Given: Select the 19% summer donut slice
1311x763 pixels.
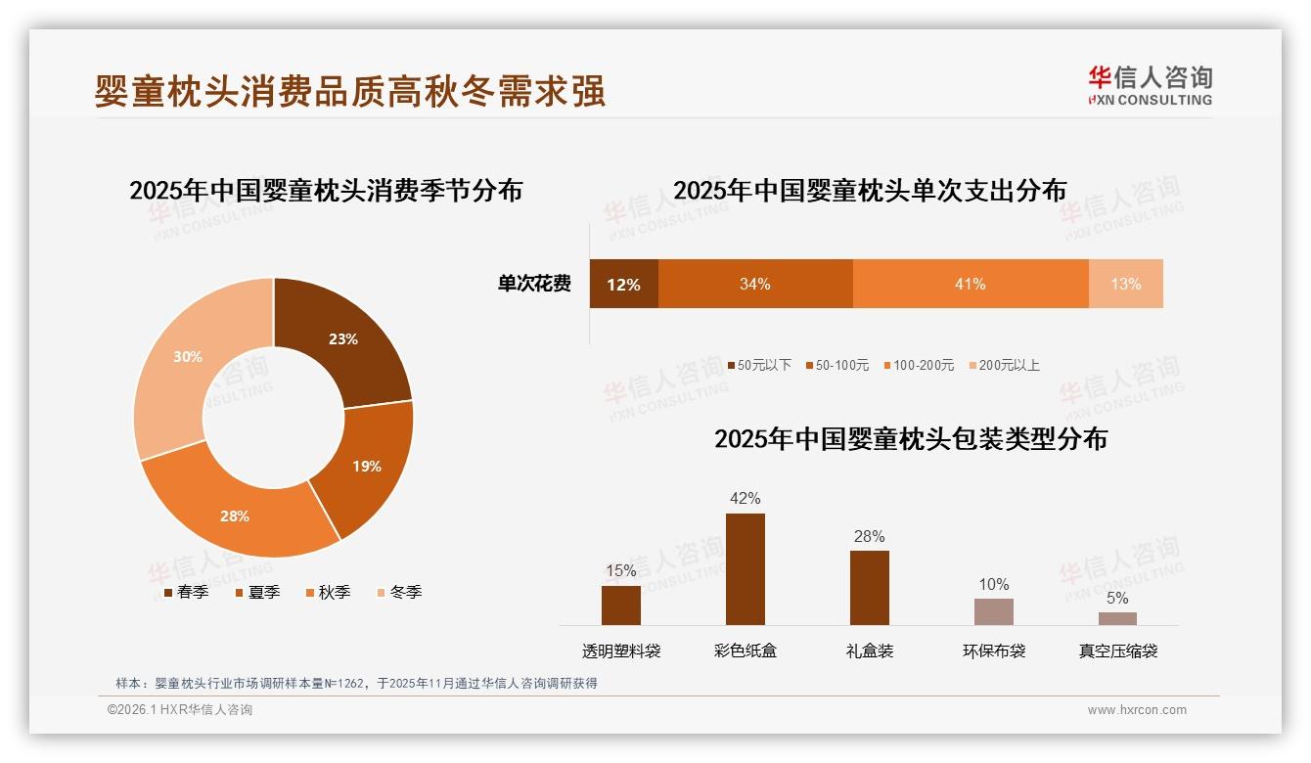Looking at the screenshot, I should tap(367, 466).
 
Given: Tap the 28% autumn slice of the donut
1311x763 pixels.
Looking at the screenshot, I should tap(235, 516).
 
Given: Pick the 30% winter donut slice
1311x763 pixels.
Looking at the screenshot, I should tap(188, 357).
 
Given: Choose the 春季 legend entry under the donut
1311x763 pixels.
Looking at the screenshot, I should tap(186, 592).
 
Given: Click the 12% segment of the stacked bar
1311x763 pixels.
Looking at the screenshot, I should tap(623, 285).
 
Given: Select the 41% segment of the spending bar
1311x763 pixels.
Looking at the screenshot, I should tap(970, 285).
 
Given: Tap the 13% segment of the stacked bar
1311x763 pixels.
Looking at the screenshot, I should tap(1125, 285).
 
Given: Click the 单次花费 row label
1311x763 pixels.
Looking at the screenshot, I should tap(534, 285).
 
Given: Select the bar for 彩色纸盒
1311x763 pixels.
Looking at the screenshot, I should tap(745, 568).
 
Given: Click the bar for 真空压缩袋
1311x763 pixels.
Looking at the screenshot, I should tap(1117, 618).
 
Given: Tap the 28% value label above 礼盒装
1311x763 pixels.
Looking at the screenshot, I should tap(869, 536).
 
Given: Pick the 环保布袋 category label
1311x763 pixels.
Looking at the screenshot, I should tap(994, 651).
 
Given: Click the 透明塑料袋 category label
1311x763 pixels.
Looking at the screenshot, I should tap(621, 651).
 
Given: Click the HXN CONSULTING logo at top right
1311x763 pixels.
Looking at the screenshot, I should tap(1150, 85).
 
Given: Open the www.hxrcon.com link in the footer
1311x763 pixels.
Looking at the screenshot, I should tap(1137, 710).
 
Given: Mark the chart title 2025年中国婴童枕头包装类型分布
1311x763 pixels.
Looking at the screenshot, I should tap(911, 439).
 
